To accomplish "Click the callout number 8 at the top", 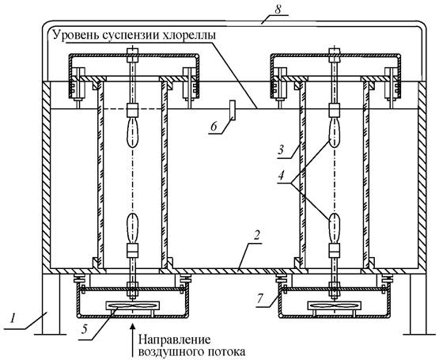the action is pyautogui.click(x=278, y=9).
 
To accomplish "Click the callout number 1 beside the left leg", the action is pyautogui.click(x=13, y=319).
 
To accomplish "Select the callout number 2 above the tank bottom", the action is pyautogui.click(x=258, y=236).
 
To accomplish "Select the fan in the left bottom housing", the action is pyautogui.click(x=132, y=305).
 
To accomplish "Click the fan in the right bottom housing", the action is pyautogui.click(x=334, y=305).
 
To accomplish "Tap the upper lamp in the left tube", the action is pyautogui.click(x=133, y=132).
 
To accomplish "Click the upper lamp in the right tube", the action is pyautogui.click(x=334, y=132).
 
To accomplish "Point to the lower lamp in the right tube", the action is pyautogui.click(x=334, y=228).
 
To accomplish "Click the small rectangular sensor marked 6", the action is pyautogui.click(x=233, y=110).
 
